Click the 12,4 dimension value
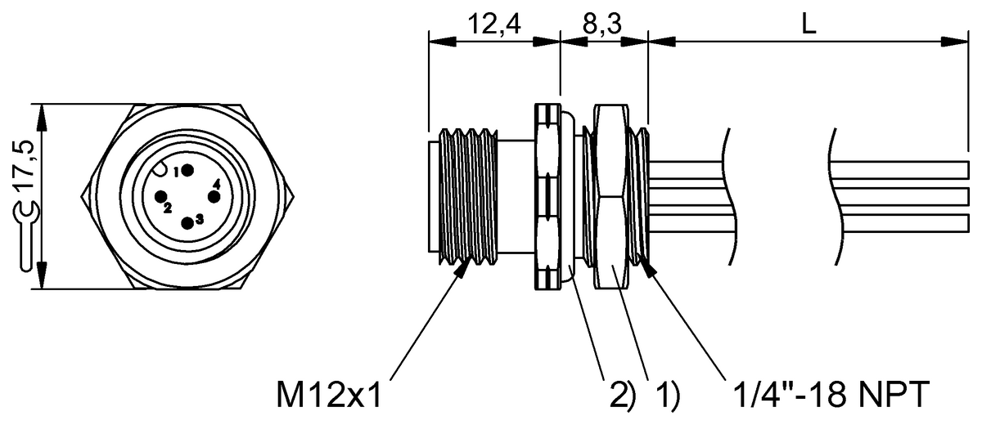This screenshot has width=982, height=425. pyautogui.click(x=493, y=25)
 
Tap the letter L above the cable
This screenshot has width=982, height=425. pyautogui.click(x=809, y=25)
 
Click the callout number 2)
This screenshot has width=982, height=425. pyautogui.click(x=619, y=396)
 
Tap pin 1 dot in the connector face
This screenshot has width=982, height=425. pyautogui.click(x=188, y=170)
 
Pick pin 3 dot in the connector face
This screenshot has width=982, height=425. pyautogui.click(x=188, y=221)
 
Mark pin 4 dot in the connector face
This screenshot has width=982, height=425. pyautogui.click(x=214, y=196)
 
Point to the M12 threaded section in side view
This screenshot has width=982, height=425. pyautogui.click(x=469, y=196)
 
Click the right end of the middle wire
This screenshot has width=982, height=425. pyautogui.click(x=966, y=196)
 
